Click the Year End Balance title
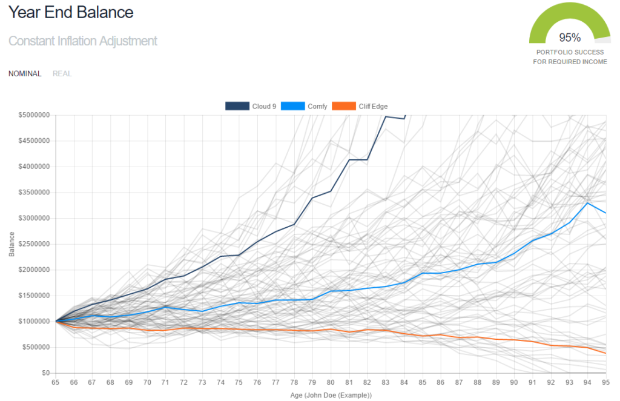(71, 12)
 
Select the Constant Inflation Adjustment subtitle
(83, 41)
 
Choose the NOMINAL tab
(25, 74)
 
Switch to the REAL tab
(62, 74)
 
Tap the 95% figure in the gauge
(570, 37)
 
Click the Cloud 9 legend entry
(251, 107)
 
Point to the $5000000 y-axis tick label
(35, 115)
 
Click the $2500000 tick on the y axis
(35, 244)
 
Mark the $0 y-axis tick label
(45, 373)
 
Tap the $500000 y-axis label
(36, 347)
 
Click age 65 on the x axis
(56, 383)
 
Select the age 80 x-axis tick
(331, 383)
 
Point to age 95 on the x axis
(605, 383)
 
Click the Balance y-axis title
(12, 244)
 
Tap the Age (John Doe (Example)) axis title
(331, 395)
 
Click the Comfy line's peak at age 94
(587, 203)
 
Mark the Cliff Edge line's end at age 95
(605, 353)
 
